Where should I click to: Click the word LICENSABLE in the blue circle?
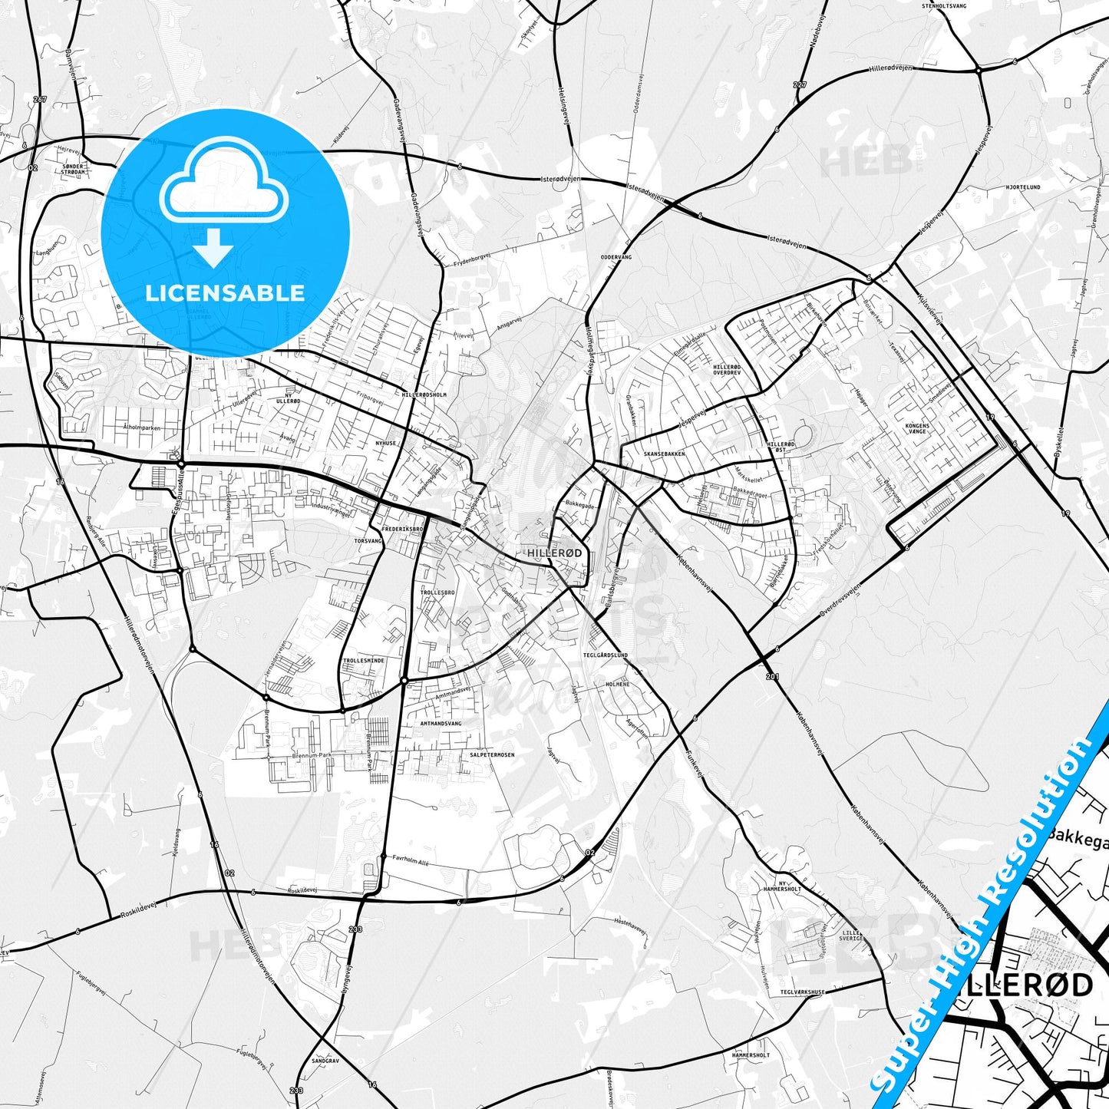225,293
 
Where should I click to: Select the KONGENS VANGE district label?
917,428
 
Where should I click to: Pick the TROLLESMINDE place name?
364,660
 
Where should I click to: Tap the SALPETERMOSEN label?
492,754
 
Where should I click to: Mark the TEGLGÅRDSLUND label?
606,655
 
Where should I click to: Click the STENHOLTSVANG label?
947,5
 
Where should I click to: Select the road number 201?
771,676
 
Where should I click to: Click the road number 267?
40,100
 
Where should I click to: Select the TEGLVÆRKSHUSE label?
801,992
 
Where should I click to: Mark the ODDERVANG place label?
616,258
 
